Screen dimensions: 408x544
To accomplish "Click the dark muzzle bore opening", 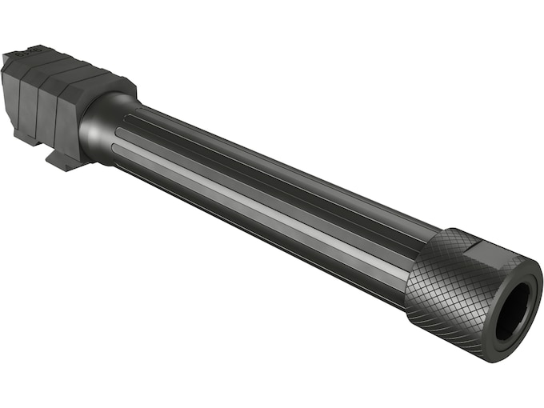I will point(513,310).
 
